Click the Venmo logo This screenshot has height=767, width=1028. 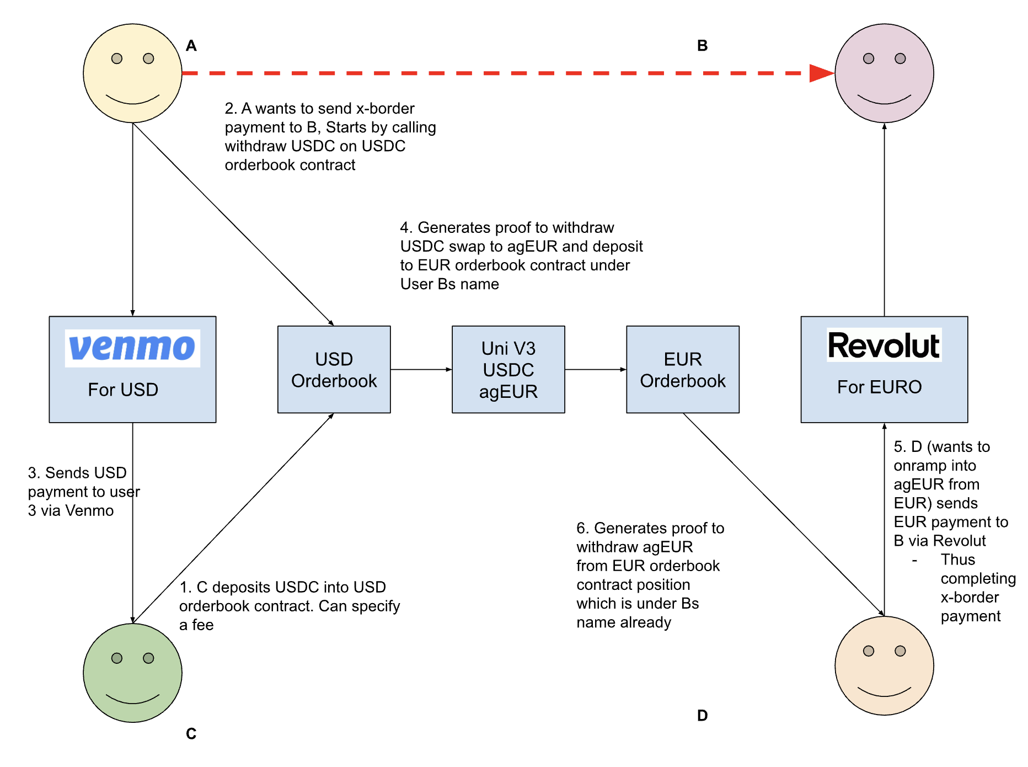tap(132, 348)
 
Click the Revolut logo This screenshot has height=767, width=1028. tap(884, 345)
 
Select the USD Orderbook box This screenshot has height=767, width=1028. tap(334, 369)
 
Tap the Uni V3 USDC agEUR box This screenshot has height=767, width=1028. tap(508, 369)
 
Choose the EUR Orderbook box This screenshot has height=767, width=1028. tap(682, 369)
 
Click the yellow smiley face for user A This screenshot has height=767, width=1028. tap(132, 73)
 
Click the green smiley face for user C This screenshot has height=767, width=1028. tap(132, 673)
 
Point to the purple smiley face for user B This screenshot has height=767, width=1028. tap(884, 73)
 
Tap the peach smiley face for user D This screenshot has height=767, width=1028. tap(884, 665)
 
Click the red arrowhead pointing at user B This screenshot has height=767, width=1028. tap(821, 73)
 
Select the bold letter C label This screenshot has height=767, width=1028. tap(191, 734)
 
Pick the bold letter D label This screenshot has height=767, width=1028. tap(702, 716)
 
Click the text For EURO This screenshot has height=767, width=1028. tap(879, 387)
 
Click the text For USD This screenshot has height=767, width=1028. tap(123, 390)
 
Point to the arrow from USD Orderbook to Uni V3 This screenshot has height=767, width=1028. tap(421, 369)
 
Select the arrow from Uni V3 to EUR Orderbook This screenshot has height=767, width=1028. tap(595, 369)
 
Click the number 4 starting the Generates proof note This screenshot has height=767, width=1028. tap(405, 228)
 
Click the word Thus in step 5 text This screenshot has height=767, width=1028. tap(957, 560)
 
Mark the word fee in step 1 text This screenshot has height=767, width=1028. tap(202, 625)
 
